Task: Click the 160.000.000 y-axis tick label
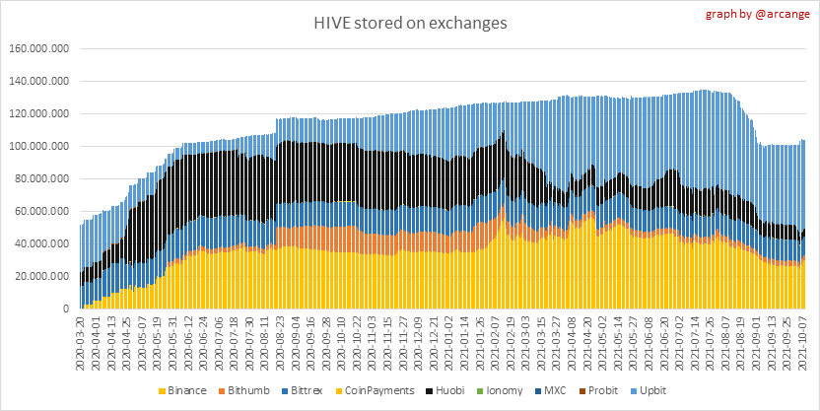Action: click(x=40, y=48)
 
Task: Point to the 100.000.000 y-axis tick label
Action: click(x=40, y=146)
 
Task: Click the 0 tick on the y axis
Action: click(x=65, y=308)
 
